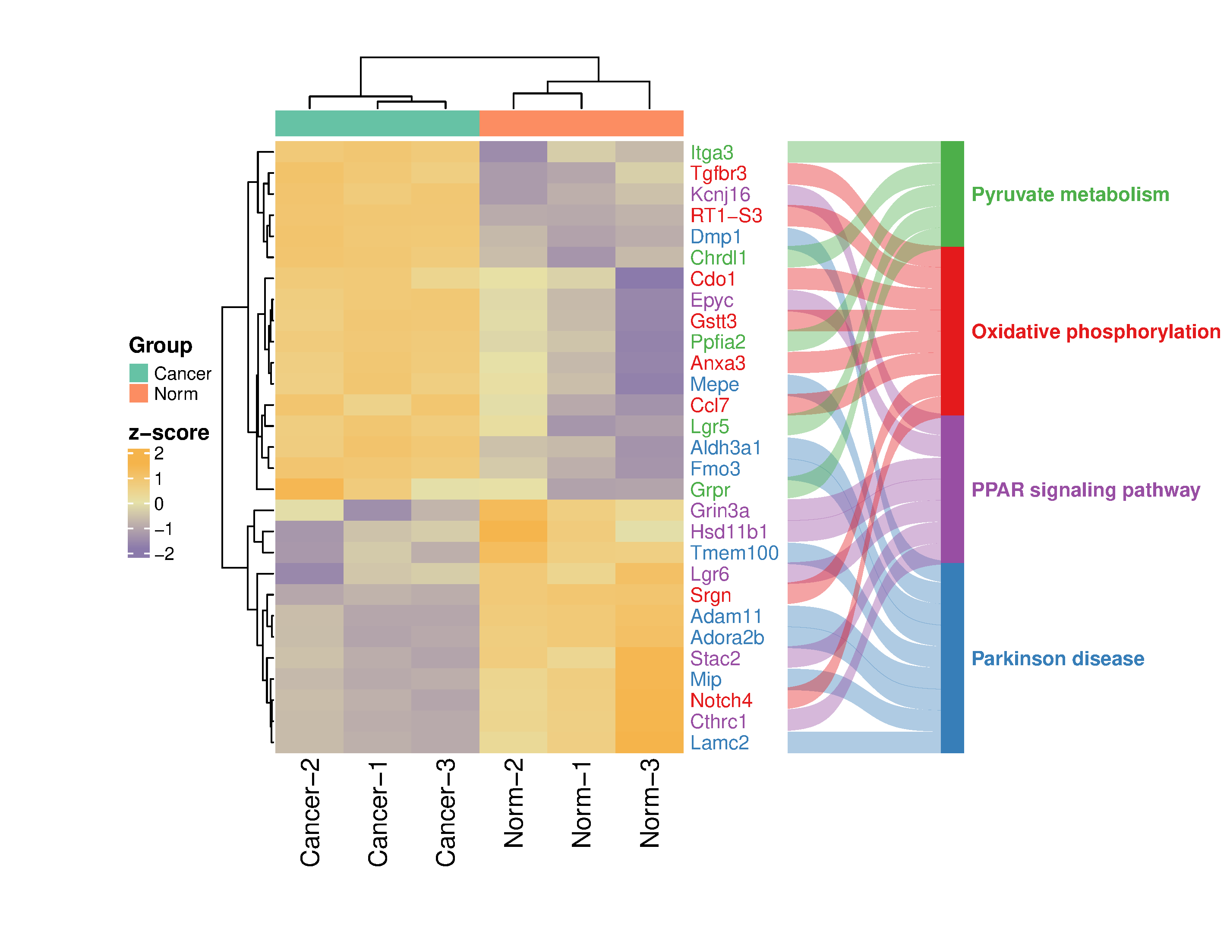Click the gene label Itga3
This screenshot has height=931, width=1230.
click(711, 152)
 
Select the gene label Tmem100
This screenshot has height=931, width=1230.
click(734, 553)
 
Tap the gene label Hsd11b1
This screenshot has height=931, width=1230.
click(729, 532)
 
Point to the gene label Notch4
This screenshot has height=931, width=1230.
click(721, 700)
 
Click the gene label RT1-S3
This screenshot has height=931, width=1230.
click(725, 216)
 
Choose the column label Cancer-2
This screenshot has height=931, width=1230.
click(310, 811)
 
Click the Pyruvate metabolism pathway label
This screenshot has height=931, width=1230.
click(1070, 195)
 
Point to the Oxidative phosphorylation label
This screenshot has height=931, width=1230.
click(1095, 331)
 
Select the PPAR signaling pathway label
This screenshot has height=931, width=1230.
click(1085, 490)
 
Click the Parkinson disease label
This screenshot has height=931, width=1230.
click(1058, 659)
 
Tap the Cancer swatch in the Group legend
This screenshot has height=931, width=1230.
click(139, 373)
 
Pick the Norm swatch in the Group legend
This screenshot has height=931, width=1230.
click(139, 393)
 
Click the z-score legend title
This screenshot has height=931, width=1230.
click(169, 432)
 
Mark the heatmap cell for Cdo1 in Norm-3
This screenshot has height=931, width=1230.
click(650, 278)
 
